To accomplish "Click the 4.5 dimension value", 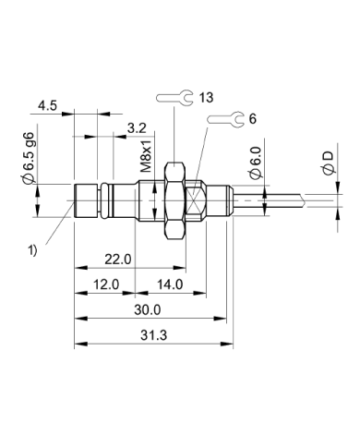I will click(x=50, y=105).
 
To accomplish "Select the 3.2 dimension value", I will click(x=137, y=126).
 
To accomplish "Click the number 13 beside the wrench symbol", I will click(x=206, y=97).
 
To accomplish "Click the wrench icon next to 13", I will click(x=175, y=97).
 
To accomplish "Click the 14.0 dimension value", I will click(x=170, y=284).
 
